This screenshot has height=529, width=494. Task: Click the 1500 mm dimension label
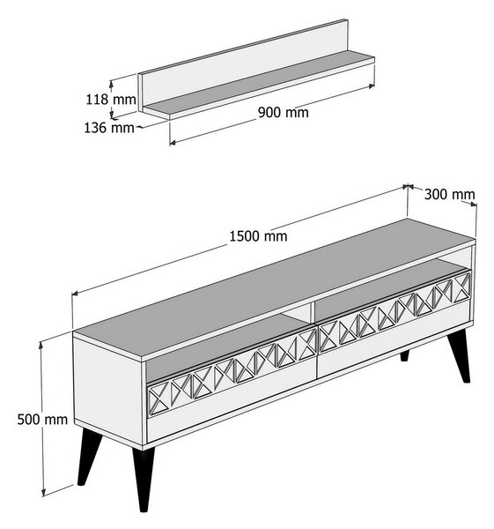(258, 236)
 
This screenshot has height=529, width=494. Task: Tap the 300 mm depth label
(449, 194)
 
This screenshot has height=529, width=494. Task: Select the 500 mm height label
(42, 420)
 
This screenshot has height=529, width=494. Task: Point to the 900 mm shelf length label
(283, 112)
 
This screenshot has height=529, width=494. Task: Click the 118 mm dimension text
(111, 100)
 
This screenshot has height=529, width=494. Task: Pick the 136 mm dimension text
(109, 128)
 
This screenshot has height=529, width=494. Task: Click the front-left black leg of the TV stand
(144, 479)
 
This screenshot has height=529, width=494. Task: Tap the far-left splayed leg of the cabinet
(89, 456)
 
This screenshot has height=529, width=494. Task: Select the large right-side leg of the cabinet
(459, 356)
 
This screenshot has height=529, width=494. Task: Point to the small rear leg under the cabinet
(404, 355)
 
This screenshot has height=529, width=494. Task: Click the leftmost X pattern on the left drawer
(159, 399)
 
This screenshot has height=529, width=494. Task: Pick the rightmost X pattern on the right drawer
(461, 286)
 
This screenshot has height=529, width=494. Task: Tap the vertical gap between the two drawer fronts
(317, 351)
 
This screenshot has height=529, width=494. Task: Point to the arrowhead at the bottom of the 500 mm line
(43, 493)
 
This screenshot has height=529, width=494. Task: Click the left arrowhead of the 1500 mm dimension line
(75, 294)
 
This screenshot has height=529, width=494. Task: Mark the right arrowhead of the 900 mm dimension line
(372, 86)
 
